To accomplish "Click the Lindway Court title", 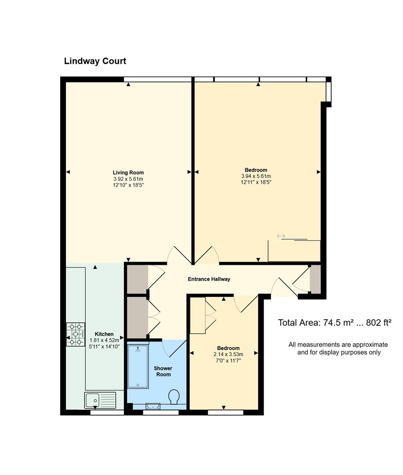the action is tap(95, 61).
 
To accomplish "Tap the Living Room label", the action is tap(128, 173).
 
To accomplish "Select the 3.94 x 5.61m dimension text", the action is tap(256, 176).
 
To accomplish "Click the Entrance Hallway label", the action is tap(209, 279).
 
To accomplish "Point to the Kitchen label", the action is tap(104, 334).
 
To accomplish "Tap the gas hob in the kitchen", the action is tap(76, 335).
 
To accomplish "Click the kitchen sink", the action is tap(100, 400).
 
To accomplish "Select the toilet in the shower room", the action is tap(174, 397).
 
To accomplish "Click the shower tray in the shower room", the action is tap(138, 366).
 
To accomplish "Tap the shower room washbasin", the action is tap(153, 406).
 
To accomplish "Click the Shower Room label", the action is tap(163, 371).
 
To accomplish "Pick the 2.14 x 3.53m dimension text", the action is tap(228, 354).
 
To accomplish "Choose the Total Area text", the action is tap(334, 323).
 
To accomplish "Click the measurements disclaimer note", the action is tap(338, 348).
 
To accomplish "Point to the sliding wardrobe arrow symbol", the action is tap(281, 236).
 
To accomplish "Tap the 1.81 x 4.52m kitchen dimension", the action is tap(104, 340).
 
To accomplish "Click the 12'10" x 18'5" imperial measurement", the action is tap(128, 185).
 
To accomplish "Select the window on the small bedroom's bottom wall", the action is tap(225, 412).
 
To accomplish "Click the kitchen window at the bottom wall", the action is tap(107, 412).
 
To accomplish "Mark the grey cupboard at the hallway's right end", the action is tap(315, 279).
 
